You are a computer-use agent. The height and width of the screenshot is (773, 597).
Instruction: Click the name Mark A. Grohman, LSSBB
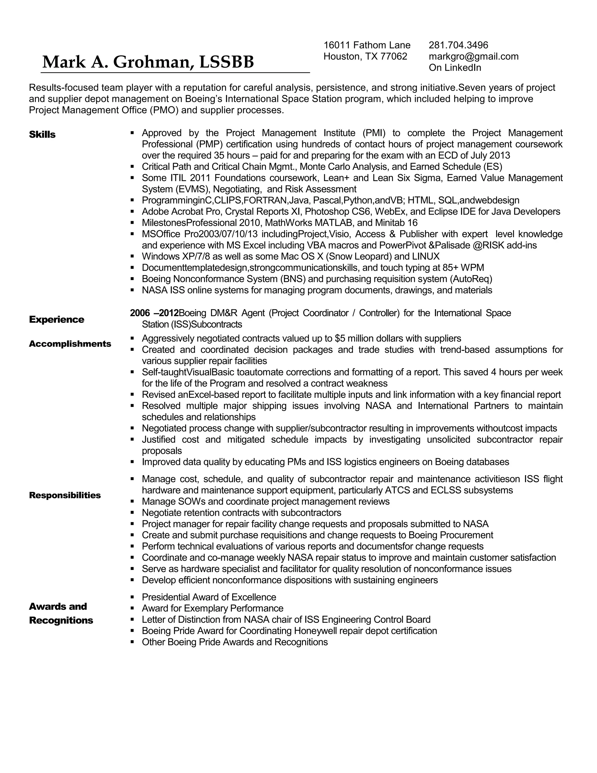(148, 62)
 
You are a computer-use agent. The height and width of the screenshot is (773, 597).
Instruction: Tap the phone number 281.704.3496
(458, 45)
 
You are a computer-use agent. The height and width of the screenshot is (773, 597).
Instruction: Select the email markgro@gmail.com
(474, 57)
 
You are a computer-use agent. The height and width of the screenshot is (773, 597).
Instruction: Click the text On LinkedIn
(455, 68)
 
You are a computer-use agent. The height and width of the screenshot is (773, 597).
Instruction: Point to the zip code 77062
(394, 57)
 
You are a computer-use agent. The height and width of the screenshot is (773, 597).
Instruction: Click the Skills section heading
(42, 135)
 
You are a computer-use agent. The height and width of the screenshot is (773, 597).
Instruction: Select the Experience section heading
(57, 320)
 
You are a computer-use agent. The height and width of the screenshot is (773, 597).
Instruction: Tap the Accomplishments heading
(70, 344)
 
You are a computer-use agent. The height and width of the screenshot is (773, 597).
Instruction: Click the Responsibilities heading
(65, 495)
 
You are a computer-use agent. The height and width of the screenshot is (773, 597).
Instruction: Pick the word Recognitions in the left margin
(61, 620)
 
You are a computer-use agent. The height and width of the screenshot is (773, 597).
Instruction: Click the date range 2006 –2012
(154, 313)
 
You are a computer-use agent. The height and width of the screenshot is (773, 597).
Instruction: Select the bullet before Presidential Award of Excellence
(132, 597)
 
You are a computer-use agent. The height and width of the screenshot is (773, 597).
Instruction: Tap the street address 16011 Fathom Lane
(367, 45)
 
